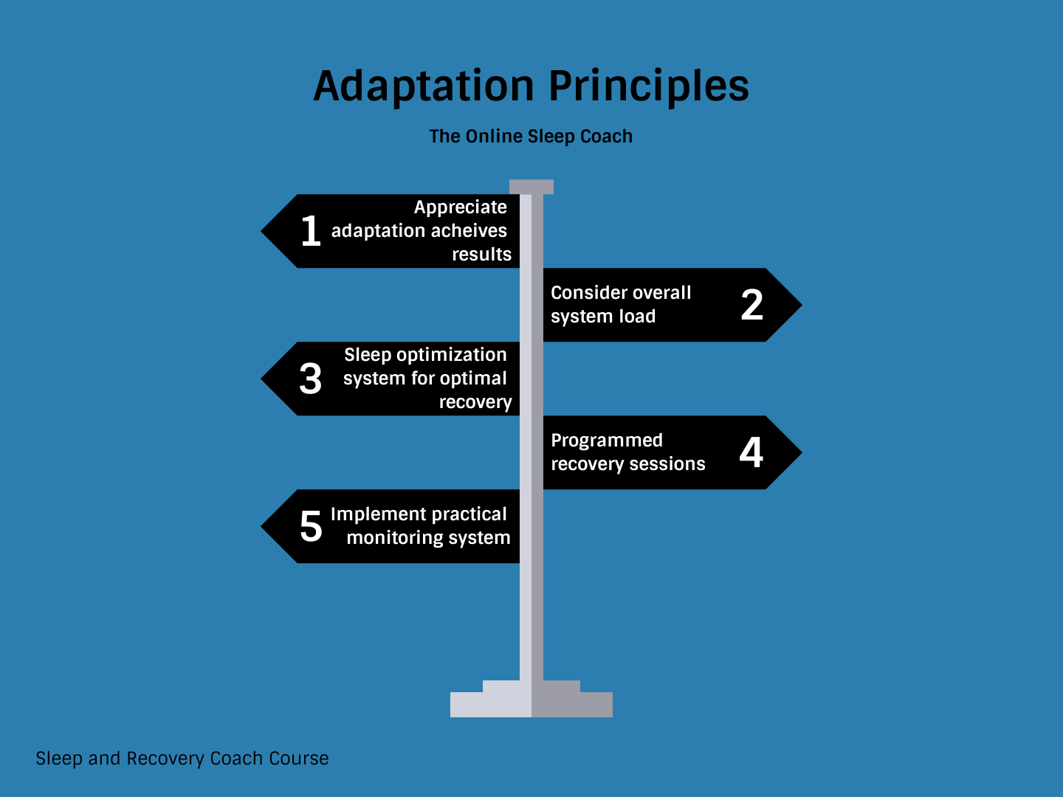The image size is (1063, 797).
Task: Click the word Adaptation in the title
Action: (424, 86)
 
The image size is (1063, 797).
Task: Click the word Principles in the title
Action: (649, 86)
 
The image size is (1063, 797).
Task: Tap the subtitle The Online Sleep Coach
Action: (531, 137)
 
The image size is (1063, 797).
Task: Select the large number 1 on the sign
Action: (311, 231)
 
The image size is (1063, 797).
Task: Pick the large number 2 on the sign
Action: (752, 305)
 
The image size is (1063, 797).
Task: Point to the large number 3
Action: (311, 379)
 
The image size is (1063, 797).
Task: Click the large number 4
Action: (751, 452)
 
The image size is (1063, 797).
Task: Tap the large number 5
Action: (311, 526)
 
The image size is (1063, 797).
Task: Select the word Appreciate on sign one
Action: (461, 207)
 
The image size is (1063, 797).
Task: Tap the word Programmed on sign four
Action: (607, 441)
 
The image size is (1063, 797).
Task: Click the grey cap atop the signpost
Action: (531, 187)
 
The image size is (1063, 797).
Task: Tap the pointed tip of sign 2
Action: (802, 305)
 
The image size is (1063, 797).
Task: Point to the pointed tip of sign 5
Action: (261, 526)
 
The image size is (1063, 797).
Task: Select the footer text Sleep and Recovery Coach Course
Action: (182, 759)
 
